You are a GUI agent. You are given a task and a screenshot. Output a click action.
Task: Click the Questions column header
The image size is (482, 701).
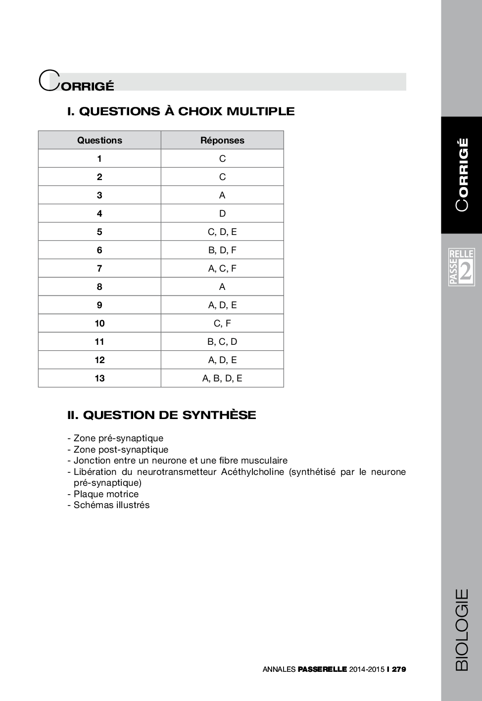pos(99,140)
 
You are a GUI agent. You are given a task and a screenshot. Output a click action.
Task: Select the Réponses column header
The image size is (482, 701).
pos(222,140)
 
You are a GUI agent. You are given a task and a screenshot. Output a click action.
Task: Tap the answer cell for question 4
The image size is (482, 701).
pos(222,214)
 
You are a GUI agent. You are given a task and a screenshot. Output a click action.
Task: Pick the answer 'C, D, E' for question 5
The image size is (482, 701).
pos(222,232)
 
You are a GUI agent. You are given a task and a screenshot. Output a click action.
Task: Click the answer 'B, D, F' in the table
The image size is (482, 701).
pos(222,250)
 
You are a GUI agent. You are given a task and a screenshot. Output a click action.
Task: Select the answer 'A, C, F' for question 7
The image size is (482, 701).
pos(222,269)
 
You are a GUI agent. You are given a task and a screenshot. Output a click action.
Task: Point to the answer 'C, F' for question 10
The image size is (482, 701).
pos(222,324)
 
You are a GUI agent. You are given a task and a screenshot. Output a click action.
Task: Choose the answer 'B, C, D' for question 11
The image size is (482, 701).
pos(222,342)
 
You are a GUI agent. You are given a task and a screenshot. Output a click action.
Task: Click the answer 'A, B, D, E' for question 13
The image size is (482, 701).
pos(222,378)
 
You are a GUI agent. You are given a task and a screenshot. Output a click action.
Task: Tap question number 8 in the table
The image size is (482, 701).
pos(99,287)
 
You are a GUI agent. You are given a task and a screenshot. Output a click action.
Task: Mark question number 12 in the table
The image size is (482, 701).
pos(99,360)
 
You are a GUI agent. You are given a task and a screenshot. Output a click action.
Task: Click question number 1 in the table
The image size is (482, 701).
pos(99,159)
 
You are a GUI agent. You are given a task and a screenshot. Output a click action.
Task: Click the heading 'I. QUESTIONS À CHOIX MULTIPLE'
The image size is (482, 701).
pos(181,111)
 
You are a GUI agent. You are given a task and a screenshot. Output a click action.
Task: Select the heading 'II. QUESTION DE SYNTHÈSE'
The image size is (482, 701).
pos(161,415)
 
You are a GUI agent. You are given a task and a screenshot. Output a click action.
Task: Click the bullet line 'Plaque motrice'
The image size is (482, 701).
pos(106,494)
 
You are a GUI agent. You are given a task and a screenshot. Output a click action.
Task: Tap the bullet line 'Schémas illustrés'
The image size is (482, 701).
pos(111,505)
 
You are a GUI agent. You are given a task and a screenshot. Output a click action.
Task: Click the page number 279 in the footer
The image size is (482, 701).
pos(398,669)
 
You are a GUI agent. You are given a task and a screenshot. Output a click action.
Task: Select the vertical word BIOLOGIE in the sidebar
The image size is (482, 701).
pos(461,629)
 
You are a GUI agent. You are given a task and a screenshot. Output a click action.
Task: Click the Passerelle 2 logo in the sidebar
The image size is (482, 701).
pos(461,268)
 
